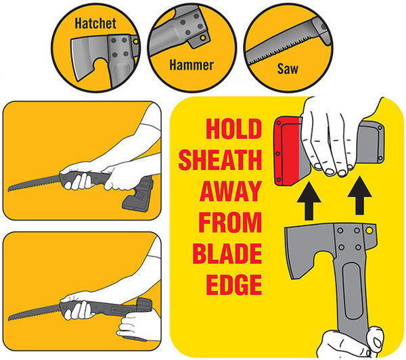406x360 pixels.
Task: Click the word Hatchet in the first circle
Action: click(x=95, y=23)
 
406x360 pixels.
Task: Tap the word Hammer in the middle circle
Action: click(x=191, y=65)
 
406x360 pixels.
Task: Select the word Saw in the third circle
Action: click(x=288, y=68)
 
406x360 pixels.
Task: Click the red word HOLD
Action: click(x=234, y=129)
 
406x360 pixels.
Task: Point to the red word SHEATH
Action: click(x=221, y=160)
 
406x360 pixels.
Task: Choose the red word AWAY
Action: click(x=231, y=191)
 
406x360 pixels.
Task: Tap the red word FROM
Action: click(x=230, y=222)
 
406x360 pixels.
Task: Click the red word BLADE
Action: click(x=227, y=253)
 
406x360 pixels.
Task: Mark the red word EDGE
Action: click(x=234, y=284)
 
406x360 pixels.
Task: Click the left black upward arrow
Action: click(x=309, y=201)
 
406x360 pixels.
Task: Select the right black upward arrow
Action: click(x=359, y=196)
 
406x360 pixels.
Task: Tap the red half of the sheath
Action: click(x=290, y=151)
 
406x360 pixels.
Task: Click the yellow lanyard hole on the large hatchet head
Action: click(x=369, y=230)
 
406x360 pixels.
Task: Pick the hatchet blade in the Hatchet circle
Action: click(x=88, y=58)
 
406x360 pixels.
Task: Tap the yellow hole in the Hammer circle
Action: click(x=203, y=38)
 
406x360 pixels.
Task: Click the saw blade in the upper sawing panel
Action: click(x=34, y=183)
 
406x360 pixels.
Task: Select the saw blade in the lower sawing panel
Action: click(x=34, y=312)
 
